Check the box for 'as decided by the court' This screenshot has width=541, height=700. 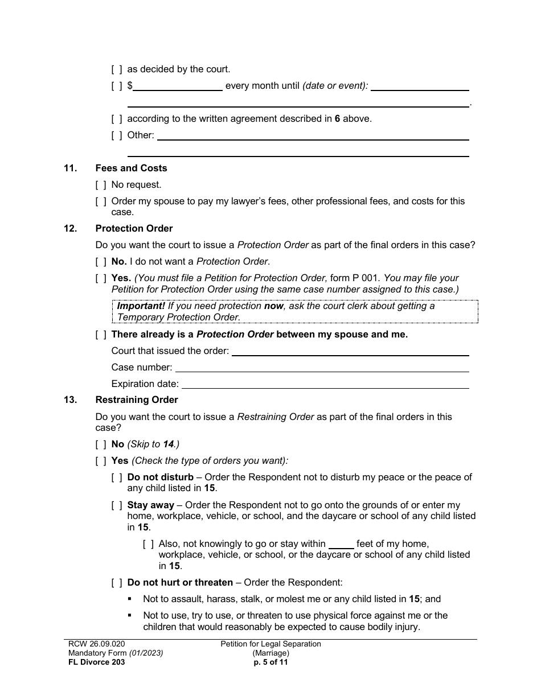coord(116,69)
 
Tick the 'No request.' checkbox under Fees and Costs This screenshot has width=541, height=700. coord(101,185)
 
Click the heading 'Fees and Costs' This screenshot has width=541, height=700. coord(131,168)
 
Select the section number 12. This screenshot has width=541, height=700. coord(70,229)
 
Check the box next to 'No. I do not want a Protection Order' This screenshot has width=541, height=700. coord(101,262)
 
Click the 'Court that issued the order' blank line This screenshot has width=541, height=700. coord(350,352)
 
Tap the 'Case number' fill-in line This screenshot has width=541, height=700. coord(321,368)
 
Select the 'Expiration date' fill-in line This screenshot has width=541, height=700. coord(325,385)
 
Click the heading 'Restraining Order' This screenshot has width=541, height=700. coord(137,400)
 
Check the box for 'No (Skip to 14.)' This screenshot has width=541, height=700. coord(101,444)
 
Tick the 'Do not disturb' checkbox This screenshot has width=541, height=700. coord(117,477)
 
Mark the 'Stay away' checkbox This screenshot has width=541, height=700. coord(117,505)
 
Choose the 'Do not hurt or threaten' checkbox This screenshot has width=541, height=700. coord(117,583)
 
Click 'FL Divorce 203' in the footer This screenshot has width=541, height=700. coord(94,662)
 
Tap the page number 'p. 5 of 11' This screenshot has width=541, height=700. coord(270,662)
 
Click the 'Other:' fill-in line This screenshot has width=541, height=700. coord(313,136)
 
